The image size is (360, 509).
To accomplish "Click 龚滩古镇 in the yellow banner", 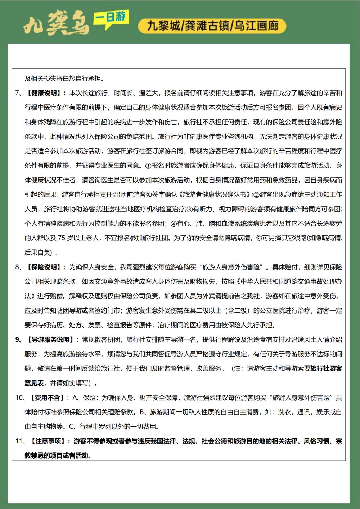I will (207, 26).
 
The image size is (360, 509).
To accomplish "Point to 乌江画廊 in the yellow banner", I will (256, 26).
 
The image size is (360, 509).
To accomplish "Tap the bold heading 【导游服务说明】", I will (50, 339).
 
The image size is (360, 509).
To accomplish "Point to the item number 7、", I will (19, 93).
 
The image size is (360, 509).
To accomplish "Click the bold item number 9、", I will (19, 339).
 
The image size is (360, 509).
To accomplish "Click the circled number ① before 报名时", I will (148, 166).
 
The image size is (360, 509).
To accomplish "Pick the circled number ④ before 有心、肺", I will (174, 224).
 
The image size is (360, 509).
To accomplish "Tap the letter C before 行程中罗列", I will (72, 427).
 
